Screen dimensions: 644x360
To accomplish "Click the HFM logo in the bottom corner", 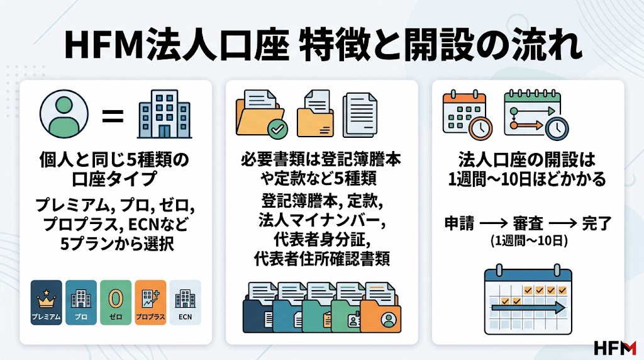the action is pyautogui.click(x=615, y=347).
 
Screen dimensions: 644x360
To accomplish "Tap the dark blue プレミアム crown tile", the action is pyautogui.click(x=47, y=303).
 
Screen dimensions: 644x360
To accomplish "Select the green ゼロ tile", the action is pyautogui.click(x=116, y=303).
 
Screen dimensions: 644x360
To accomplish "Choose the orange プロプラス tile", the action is pyautogui.click(x=150, y=303).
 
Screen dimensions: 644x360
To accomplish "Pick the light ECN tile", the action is pyautogui.click(x=186, y=303).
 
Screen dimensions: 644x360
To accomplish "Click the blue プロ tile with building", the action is pyautogui.click(x=81, y=303).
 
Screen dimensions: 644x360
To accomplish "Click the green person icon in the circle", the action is pyautogui.click(x=64, y=114).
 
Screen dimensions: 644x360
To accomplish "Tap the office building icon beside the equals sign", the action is pyautogui.click(x=164, y=114).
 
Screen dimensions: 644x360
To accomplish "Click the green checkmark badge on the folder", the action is pyautogui.click(x=277, y=129).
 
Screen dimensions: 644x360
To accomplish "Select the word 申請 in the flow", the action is pyautogui.click(x=459, y=224).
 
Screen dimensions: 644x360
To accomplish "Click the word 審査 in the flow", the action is pyautogui.click(x=528, y=224).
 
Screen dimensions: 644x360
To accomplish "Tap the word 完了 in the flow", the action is pyautogui.click(x=597, y=224).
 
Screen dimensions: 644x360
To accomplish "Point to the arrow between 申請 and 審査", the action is pyautogui.click(x=494, y=224).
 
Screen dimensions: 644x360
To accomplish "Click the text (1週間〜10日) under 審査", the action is pyautogui.click(x=529, y=241).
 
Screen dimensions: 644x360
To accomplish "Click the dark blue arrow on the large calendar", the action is pyautogui.click(x=528, y=307).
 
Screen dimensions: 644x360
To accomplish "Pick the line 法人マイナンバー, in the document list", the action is pyautogui.click(x=322, y=221).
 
